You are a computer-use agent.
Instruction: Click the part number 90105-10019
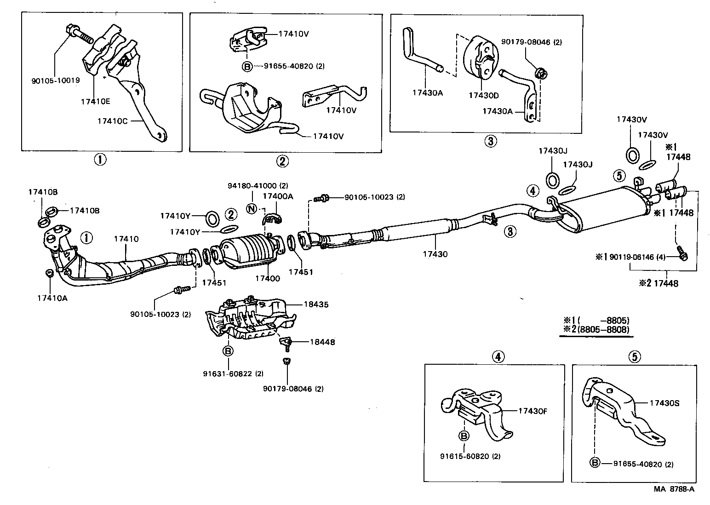[56, 80]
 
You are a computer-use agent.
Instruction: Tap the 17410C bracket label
[113, 121]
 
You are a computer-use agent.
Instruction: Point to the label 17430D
[484, 95]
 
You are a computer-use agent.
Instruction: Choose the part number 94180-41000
[258, 186]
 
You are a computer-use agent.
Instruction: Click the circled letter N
[251, 208]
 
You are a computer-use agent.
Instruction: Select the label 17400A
[278, 196]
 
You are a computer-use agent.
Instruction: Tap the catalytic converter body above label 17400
[249, 251]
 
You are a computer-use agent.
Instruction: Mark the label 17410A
[52, 298]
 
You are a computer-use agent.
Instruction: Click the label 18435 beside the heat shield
[316, 304]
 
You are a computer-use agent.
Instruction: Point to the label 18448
[322, 342]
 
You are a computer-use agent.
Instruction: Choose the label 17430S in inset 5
[664, 403]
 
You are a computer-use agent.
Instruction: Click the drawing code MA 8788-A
[674, 489]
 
